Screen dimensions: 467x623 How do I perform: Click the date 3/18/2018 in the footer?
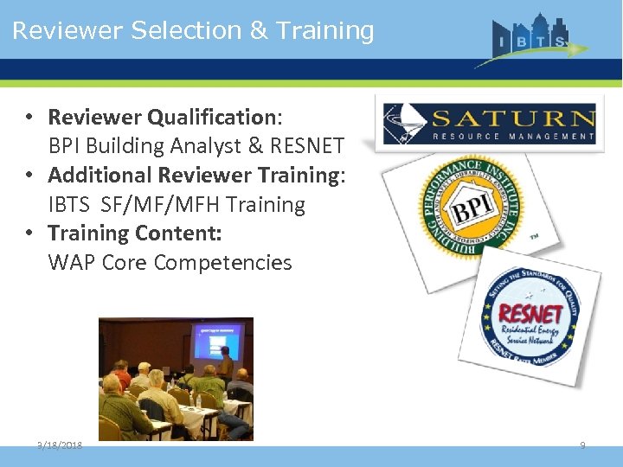click(x=60, y=445)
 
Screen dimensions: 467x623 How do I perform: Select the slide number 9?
click(x=582, y=445)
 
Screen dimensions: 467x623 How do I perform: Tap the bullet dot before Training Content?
click(x=29, y=233)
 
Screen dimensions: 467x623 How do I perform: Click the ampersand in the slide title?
click(x=259, y=30)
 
